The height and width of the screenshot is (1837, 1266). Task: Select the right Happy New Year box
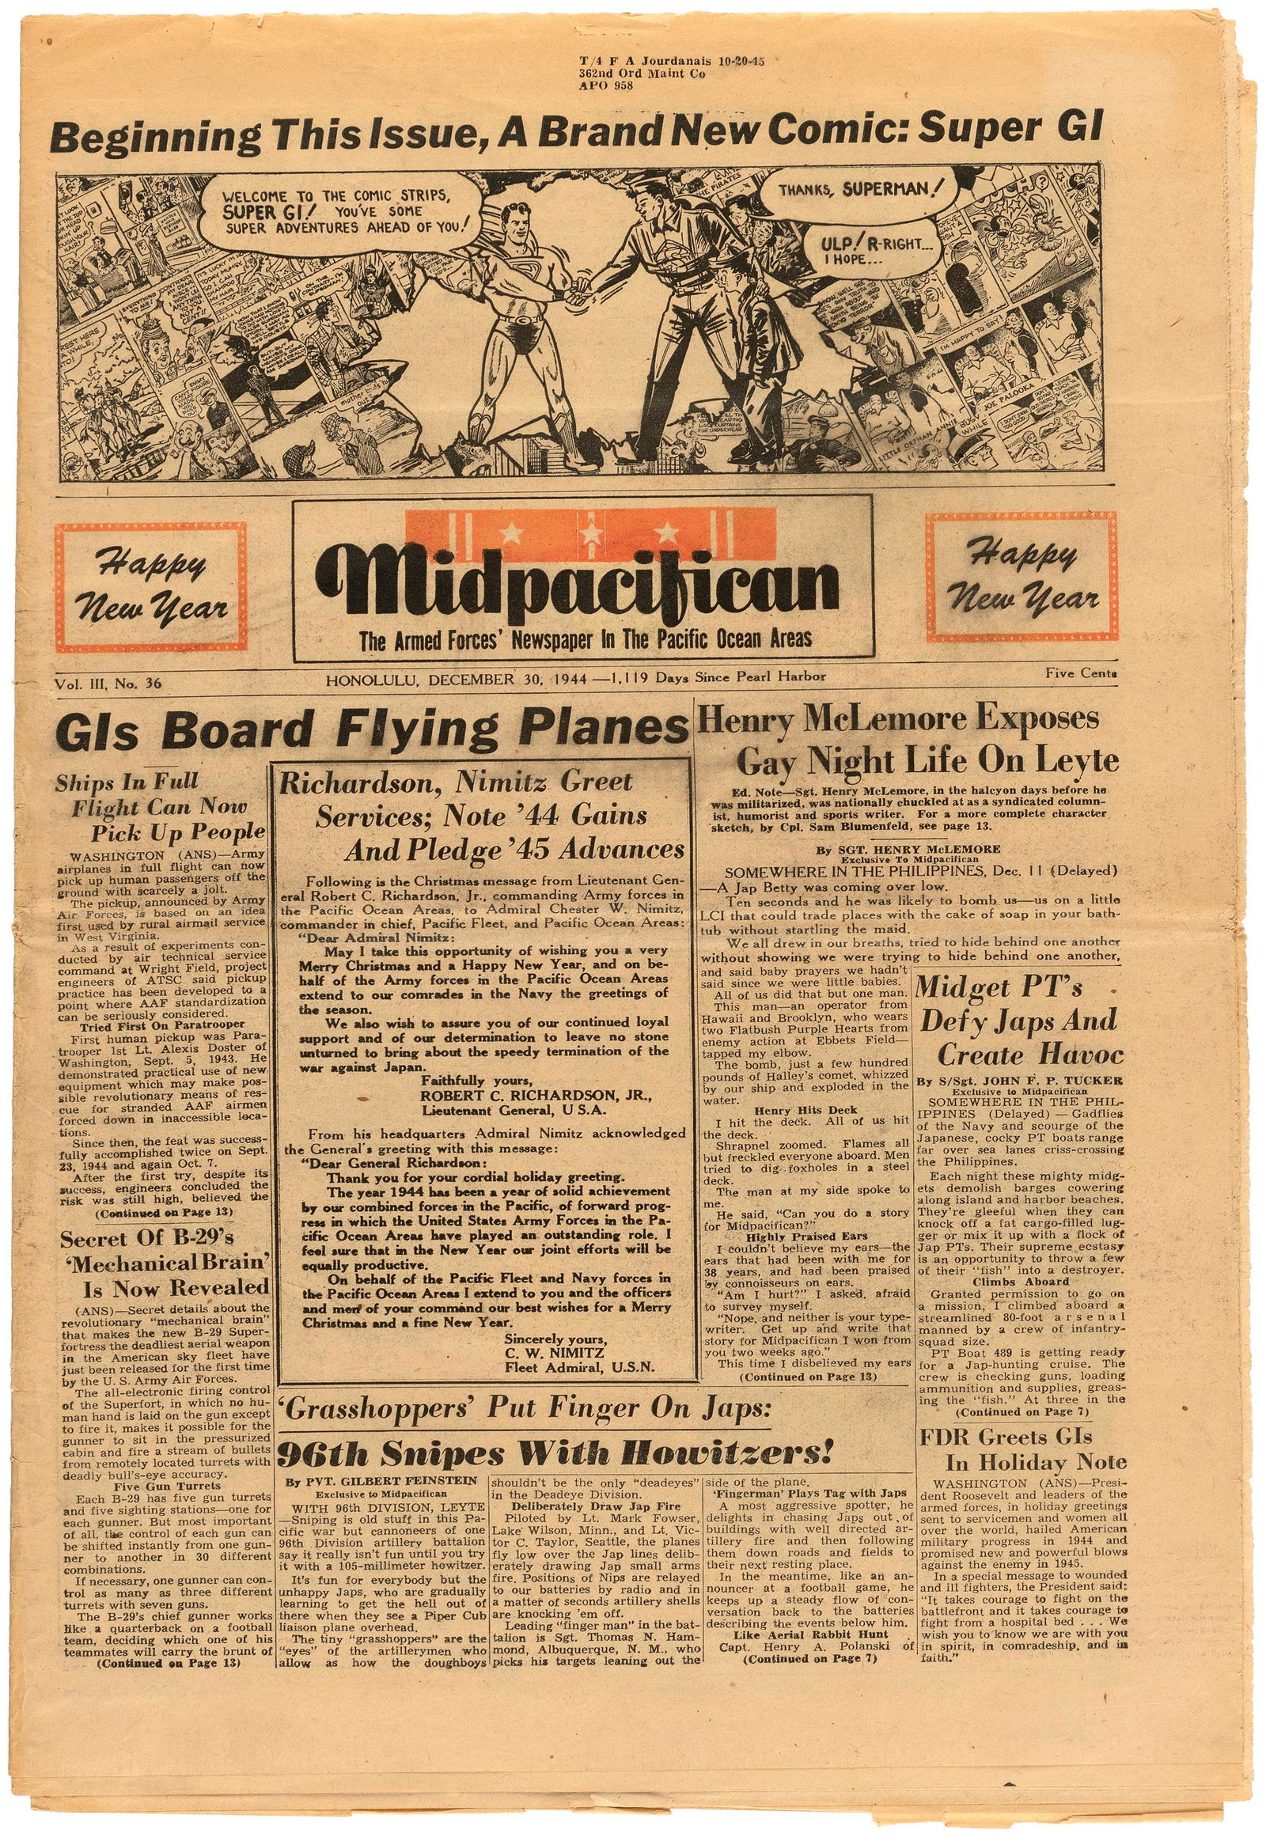pos(1021,577)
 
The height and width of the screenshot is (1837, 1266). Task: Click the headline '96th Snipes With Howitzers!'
pos(555,1453)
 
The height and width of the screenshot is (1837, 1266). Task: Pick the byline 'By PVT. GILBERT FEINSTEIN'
pos(381,1480)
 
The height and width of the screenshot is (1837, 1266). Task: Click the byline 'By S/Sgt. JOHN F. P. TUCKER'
pos(1019,1080)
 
